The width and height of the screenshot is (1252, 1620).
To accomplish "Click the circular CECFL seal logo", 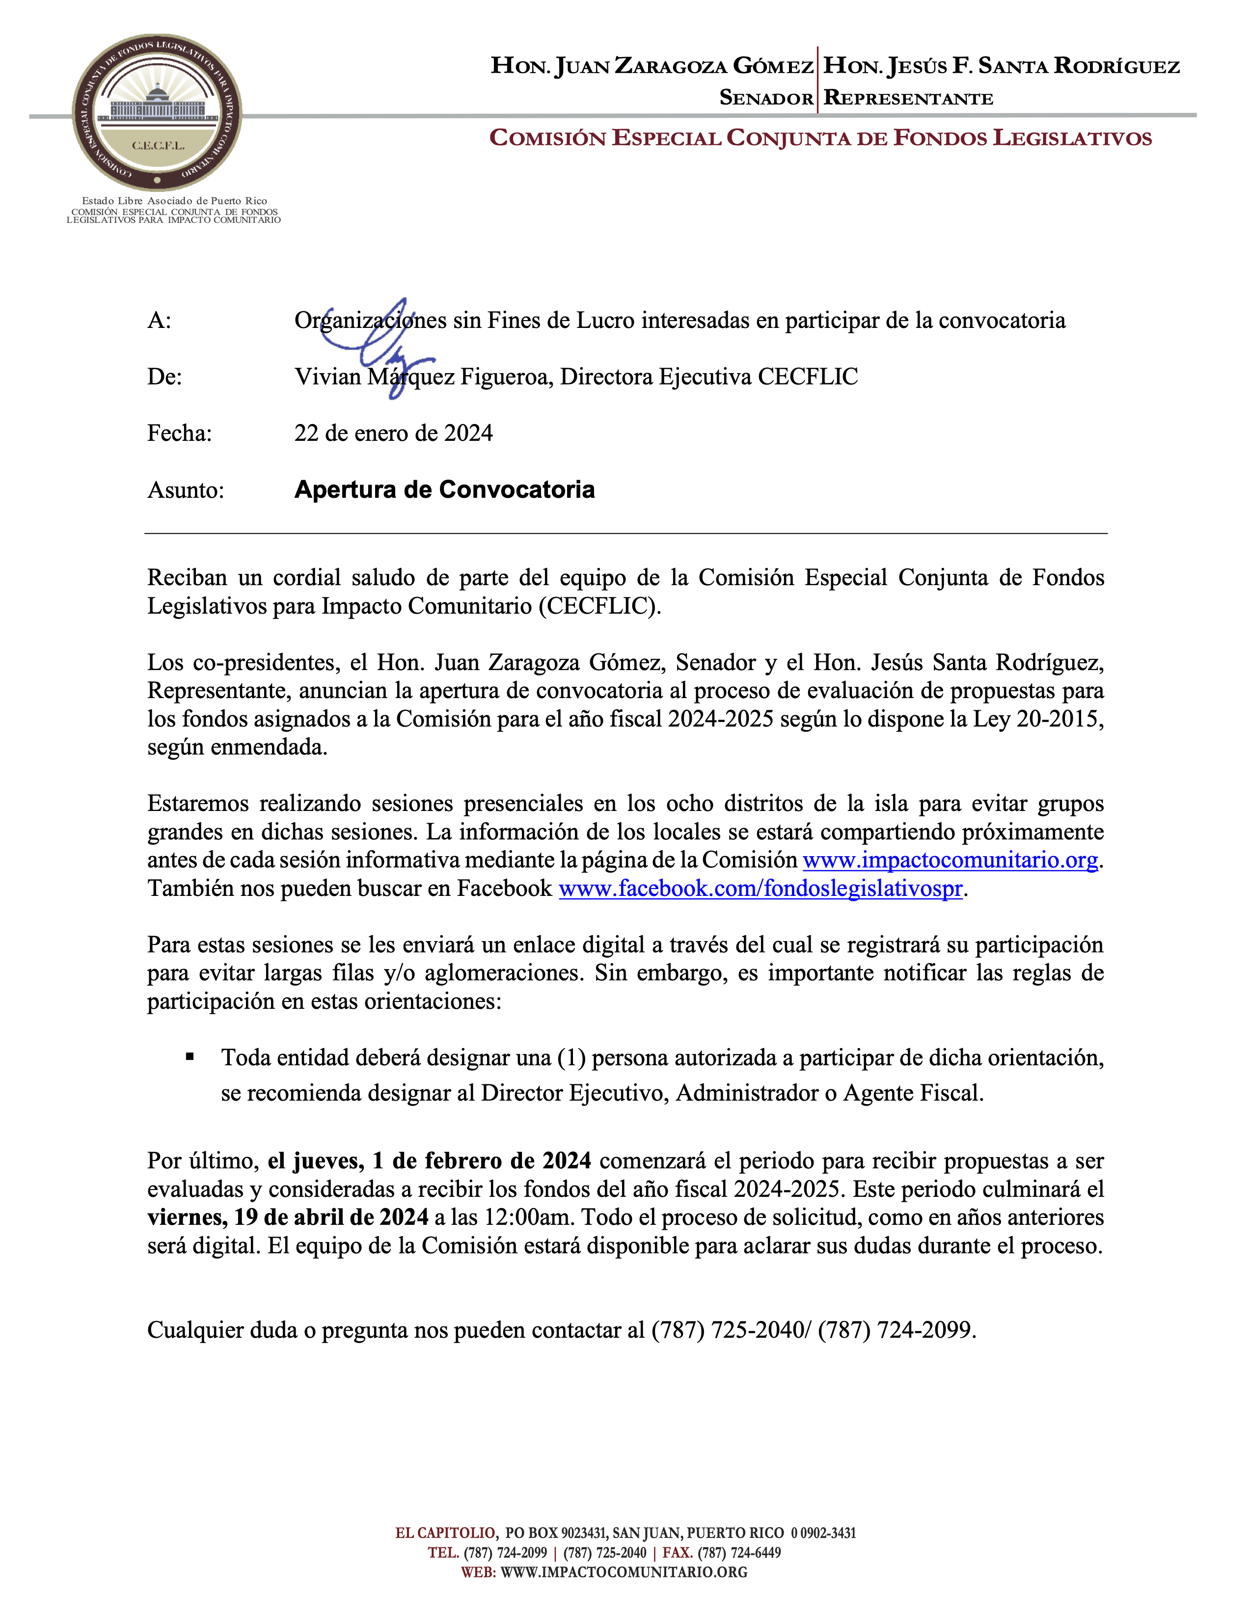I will [x=157, y=112].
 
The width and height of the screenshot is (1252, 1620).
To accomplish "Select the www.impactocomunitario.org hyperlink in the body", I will [x=950, y=861].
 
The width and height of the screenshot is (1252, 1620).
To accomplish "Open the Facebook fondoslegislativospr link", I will [x=760, y=889].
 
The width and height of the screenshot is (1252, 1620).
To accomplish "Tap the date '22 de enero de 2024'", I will [x=393, y=433].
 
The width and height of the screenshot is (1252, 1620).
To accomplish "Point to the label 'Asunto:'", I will [x=186, y=490].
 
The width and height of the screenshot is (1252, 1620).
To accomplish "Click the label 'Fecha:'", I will [x=180, y=433].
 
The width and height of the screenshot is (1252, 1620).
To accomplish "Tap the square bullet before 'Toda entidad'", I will [x=190, y=1057].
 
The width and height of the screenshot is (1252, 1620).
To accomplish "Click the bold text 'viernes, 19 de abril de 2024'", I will [x=288, y=1217].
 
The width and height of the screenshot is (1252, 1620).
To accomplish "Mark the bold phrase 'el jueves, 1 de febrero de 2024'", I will [x=430, y=1161].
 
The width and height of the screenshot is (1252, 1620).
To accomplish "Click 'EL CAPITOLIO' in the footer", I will [x=445, y=1533].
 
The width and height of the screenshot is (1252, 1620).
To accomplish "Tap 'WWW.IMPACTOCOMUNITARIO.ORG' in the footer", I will [x=624, y=1572].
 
